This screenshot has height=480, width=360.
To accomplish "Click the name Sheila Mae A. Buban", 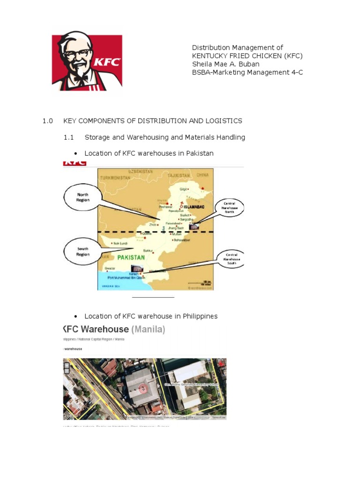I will point(225,64).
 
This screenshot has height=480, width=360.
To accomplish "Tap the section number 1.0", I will point(48,121).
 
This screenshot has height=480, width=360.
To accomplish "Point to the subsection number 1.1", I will point(69,137).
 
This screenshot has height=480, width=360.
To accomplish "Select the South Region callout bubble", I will point(82,252).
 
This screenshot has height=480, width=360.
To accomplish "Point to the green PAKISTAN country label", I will point(131,257).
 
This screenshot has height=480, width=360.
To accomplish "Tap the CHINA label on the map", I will point(202,175).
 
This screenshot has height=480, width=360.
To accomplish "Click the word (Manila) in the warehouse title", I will point(148,330).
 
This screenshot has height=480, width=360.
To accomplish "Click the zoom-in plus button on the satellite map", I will point(67,365).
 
